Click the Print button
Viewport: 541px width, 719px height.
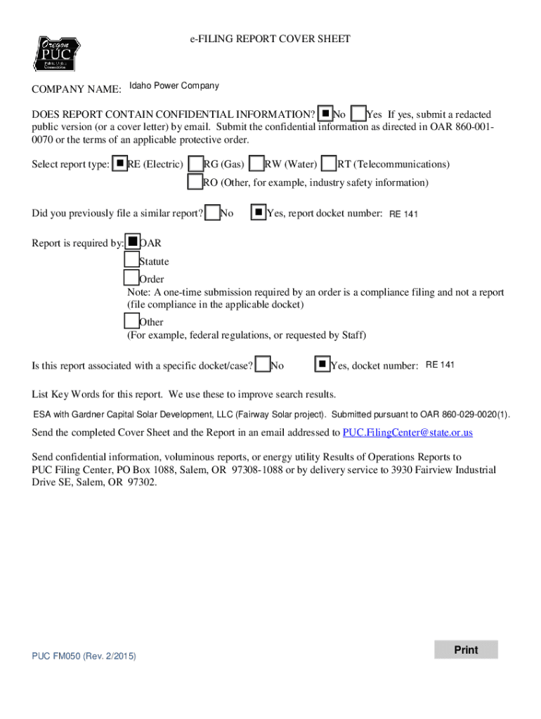click(465, 649)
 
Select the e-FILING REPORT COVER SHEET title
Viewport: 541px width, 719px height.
click(270, 39)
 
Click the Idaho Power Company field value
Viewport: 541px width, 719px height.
click(174, 86)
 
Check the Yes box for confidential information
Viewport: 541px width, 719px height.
click(358, 114)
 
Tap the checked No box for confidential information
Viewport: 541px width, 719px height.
click(325, 114)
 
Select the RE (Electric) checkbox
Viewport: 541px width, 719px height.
click(120, 164)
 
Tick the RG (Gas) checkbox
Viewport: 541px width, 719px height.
click(196, 164)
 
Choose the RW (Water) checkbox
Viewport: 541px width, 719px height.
click(257, 164)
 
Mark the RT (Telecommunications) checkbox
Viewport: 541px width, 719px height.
click(329, 164)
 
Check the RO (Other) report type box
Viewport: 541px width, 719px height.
click(195, 182)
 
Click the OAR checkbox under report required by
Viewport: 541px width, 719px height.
click(132, 242)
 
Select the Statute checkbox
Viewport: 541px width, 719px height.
click(131, 260)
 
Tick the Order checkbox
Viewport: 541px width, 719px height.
click(131, 279)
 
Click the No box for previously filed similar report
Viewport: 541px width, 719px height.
click(212, 212)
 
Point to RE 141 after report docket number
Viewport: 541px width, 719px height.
click(403, 214)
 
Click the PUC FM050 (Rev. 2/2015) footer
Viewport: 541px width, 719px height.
click(84, 656)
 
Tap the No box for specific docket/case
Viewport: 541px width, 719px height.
click(263, 364)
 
